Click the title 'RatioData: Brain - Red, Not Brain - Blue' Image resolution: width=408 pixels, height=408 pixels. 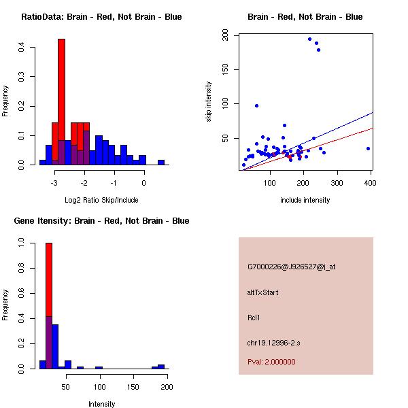(x=101, y=17)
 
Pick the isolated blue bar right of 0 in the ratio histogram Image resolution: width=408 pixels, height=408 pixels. (x=161, y=163)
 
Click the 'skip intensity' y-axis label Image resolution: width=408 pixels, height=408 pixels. (x=209, y=102)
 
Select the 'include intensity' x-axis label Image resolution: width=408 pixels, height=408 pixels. (x=305, y=201)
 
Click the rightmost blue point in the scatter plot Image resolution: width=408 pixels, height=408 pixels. (x=368, y=148)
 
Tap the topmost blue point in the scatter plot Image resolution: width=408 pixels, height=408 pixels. (x=309, y=39)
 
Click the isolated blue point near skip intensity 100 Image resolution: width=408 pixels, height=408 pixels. (x=256, y=105)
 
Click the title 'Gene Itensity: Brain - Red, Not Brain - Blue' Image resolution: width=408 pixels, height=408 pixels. (x=101, y=221)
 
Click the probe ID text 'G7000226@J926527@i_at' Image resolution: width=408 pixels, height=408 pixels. (x=292, y=267)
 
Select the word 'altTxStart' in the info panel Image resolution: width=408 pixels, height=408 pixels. (x=263, y=292)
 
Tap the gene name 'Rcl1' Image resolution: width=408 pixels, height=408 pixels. (x=254, y=318)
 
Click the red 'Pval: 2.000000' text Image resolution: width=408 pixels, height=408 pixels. (x=271, y=362)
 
